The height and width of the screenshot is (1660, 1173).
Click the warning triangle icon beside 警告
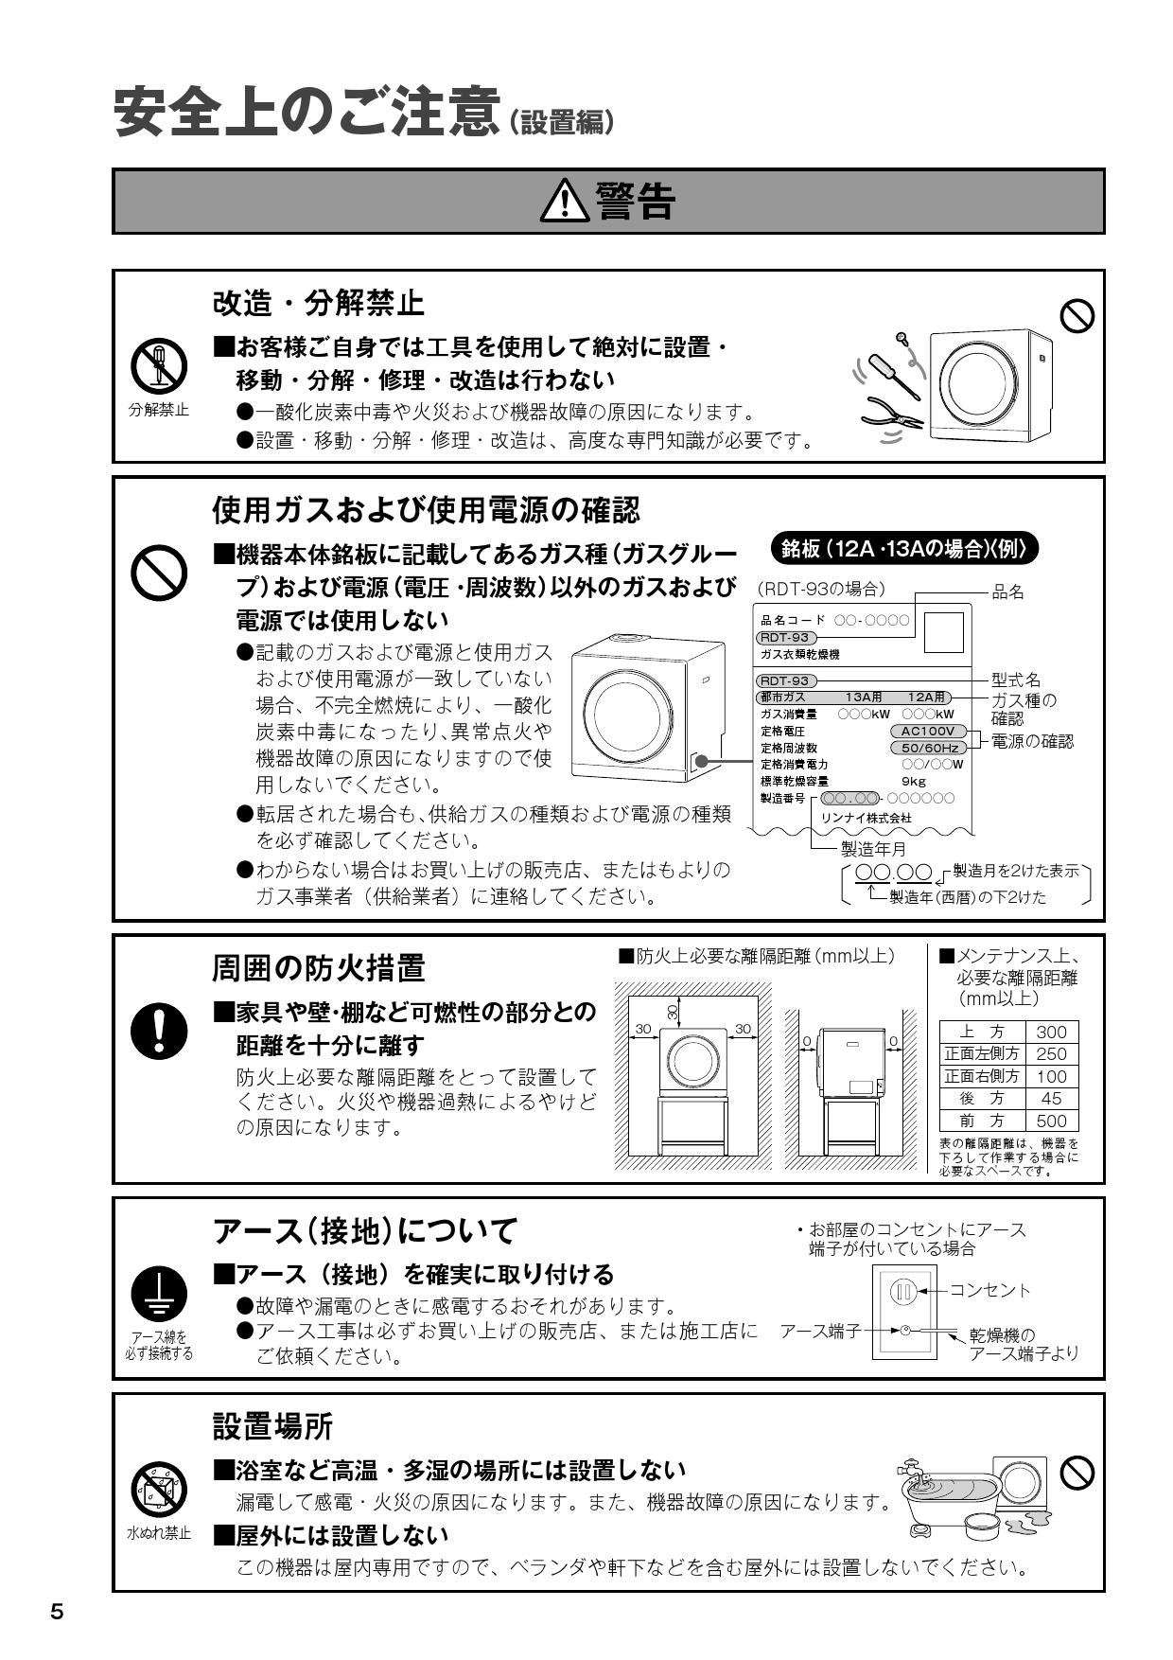565,202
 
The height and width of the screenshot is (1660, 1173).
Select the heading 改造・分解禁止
319,304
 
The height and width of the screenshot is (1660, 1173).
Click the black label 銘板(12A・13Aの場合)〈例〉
904,549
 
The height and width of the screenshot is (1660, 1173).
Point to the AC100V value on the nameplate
928,732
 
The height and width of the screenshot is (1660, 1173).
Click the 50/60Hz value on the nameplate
930,748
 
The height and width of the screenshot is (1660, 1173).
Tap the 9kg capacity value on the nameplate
914,781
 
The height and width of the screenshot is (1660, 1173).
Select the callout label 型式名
1016,680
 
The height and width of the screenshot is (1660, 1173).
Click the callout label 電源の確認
1032,741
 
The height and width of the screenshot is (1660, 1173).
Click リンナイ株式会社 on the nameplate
867,818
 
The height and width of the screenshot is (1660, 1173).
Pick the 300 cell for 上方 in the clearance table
1051,1033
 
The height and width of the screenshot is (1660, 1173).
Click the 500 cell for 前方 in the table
1051,1121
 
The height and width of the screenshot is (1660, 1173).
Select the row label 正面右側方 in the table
981,1077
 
